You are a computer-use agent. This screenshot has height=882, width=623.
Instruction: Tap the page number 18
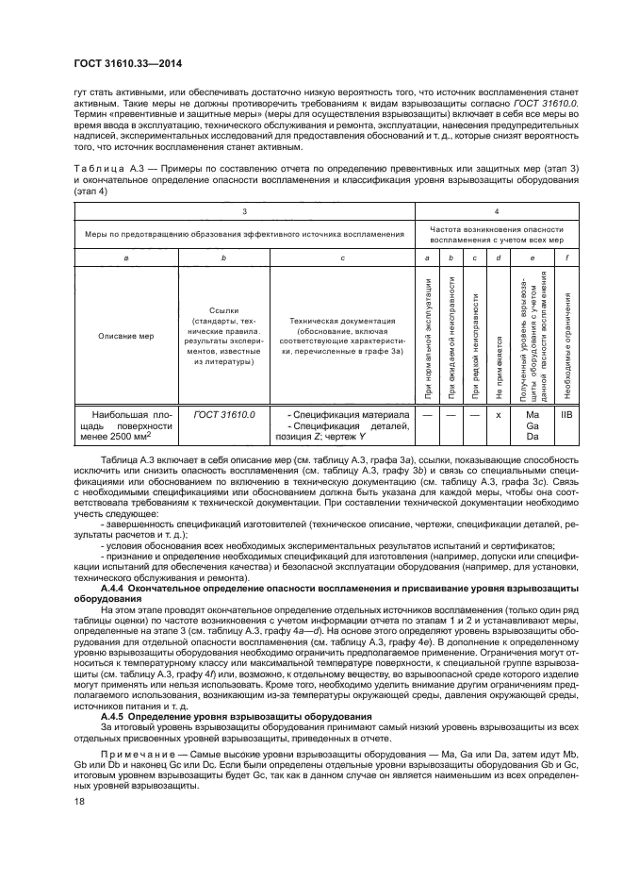(78, 829)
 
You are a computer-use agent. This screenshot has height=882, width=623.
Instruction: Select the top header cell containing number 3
(244, 212)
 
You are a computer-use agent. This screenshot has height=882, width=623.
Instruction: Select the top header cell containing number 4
(497, 212)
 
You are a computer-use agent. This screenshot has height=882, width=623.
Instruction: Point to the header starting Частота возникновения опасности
(497, 234)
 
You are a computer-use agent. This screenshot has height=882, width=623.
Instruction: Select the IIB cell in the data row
(566, 414)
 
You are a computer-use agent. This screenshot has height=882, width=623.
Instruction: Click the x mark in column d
(497, 415)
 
